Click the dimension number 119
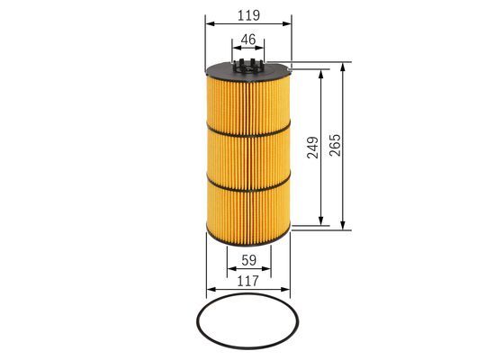[x=248, y=15]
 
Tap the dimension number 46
[x=248, y=40]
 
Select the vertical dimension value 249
[x=313, y=148]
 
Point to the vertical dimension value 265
[x=336, y=145]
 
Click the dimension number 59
[x=248, y=260]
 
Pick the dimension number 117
[x=247, y=281]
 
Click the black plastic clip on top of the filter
[x=248, y=67]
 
